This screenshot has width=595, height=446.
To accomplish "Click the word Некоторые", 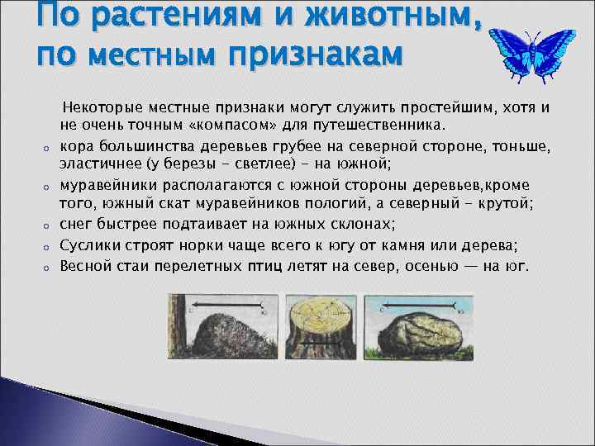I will [x=98, y=108].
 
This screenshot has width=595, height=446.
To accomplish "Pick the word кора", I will [x=75, y=145].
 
